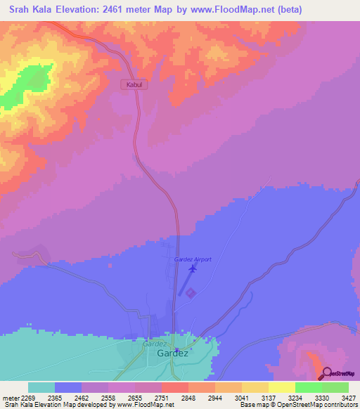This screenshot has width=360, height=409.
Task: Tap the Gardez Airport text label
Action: point(193,259)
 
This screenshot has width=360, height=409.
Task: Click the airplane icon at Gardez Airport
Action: point(192,267)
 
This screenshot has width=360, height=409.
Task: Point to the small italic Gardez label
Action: point(154,344)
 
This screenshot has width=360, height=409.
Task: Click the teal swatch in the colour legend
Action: point(41,387)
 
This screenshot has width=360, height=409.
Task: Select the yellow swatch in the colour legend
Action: point(281,387)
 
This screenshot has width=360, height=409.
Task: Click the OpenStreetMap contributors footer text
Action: point(316,405)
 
